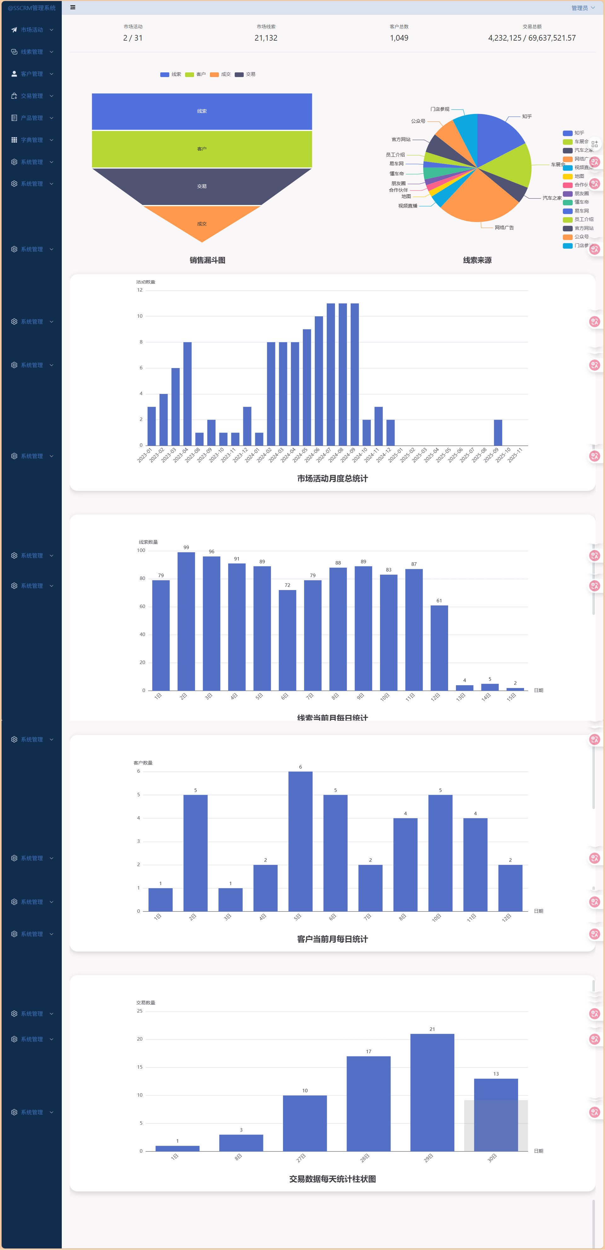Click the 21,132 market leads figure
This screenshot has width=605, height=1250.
266,38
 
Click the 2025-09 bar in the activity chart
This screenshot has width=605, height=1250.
498,432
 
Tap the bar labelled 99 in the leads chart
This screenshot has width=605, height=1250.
186,621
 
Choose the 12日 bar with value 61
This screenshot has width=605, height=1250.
439,648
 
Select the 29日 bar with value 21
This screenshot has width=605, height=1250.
432,1092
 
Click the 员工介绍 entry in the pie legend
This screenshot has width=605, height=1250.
583,219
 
